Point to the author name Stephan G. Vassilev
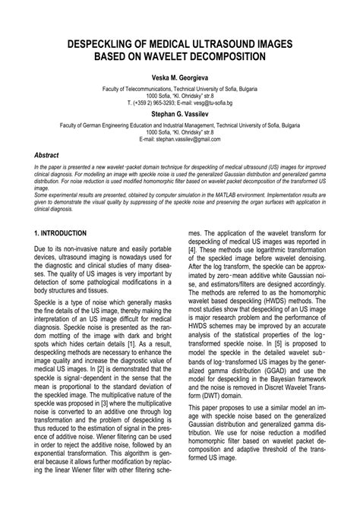[x=180, y=112]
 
